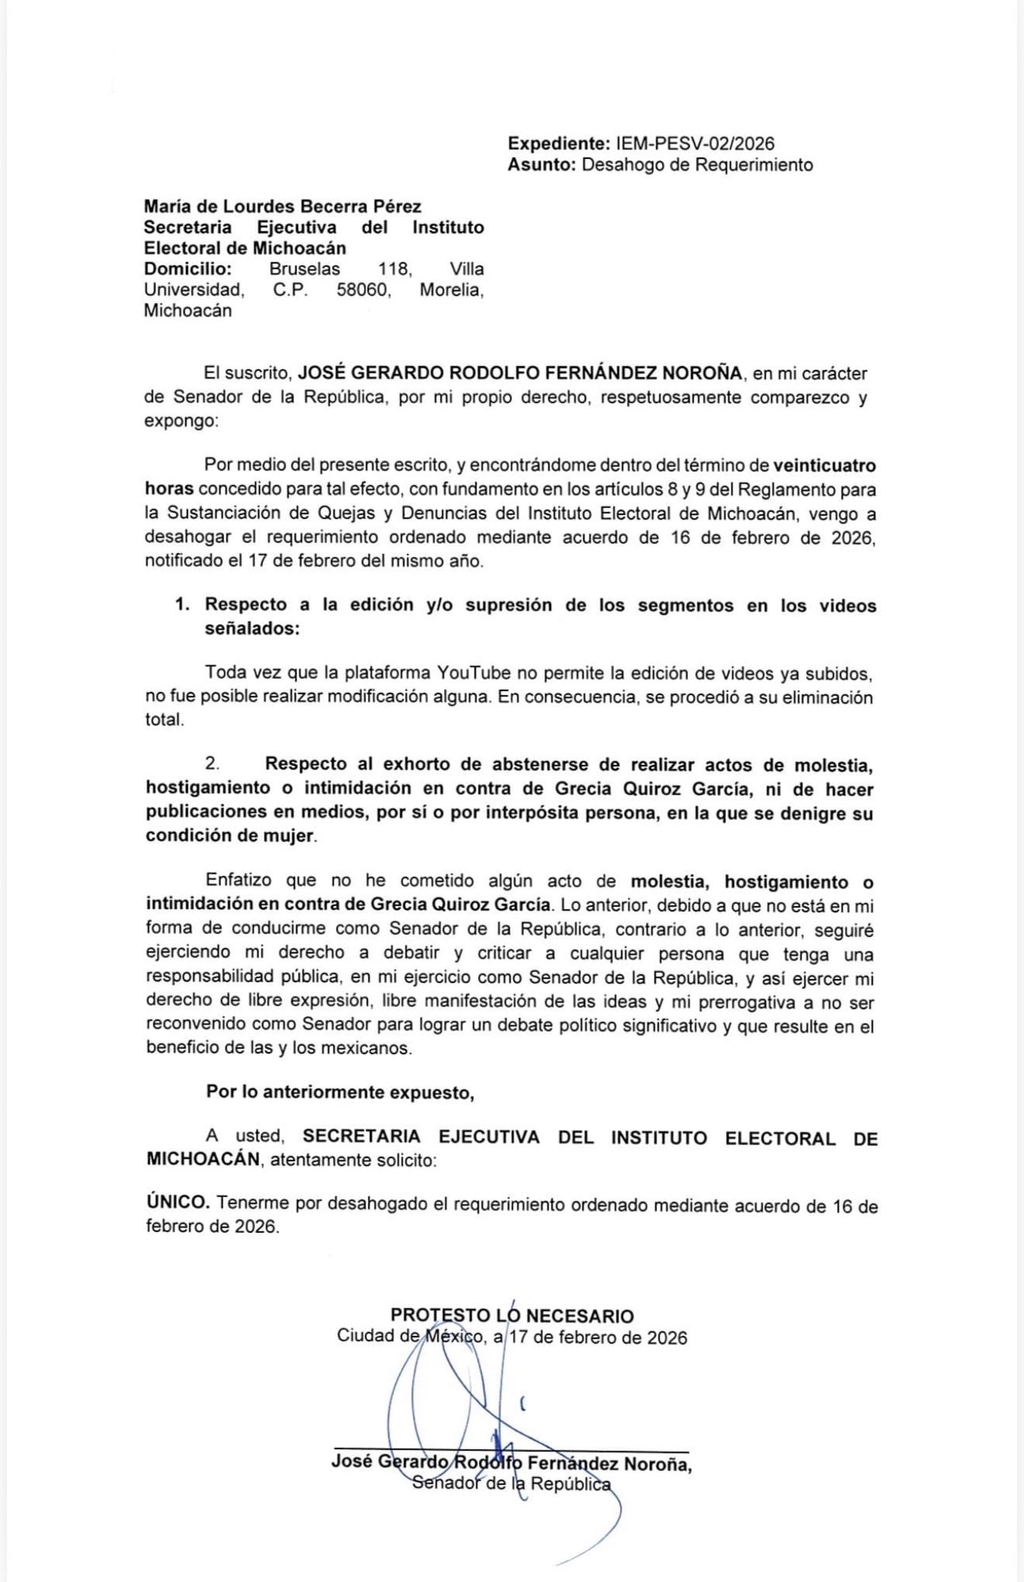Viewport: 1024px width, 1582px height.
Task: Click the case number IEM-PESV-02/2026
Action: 695,144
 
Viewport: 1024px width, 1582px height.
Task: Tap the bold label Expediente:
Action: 559,144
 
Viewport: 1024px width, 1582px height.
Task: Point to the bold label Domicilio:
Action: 188,269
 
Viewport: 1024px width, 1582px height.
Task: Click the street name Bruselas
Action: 304,269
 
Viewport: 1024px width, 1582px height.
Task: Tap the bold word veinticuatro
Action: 825,466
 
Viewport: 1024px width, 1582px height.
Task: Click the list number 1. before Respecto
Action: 183,604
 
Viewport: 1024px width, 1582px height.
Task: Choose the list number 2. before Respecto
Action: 212,764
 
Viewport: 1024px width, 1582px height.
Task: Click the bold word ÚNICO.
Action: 178,1203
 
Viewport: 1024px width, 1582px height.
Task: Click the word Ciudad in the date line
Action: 365,1337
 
